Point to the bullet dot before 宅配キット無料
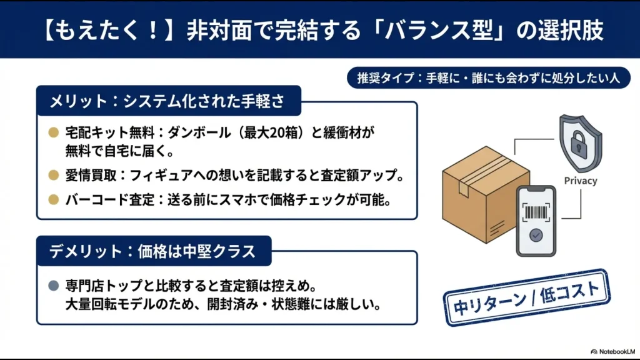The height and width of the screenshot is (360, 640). click(x=53, y=132)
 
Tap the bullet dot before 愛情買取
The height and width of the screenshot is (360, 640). click(x=53, y=176)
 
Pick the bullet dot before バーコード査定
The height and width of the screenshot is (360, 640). click(x=53, y=200)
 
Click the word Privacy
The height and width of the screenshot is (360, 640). click(x=580, y=181)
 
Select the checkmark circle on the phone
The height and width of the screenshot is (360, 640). click(x=536, y=236)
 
